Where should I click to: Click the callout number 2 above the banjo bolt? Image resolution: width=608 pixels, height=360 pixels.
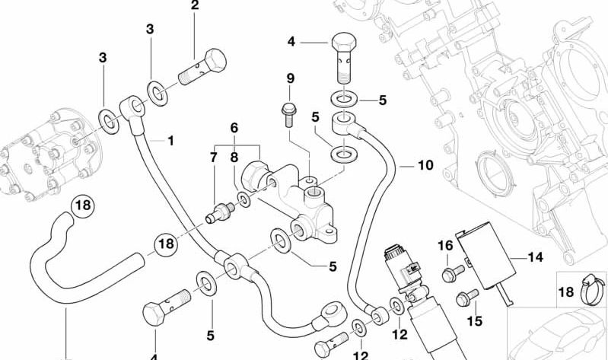pyautogui.click(x=195, y=7)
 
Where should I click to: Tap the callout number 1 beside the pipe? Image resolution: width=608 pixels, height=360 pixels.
pyautogui.click(x=170, y=141)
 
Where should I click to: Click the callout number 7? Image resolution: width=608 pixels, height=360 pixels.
pyautogui.click(x=214, y=158)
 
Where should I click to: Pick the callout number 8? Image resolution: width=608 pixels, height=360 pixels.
pyautogui.click(x=234, y=158)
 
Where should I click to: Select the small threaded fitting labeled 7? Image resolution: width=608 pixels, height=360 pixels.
pyautogui.click(x=220, y=211)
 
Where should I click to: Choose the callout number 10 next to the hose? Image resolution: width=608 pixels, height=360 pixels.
pyautogui.click(x=425, y=165)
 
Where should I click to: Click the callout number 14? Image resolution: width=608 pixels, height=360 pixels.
pyautogui.click(x=536, y=257)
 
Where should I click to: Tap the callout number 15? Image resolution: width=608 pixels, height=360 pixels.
pyautogui.click(x=475, y=321)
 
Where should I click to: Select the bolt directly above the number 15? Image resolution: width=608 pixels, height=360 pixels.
pyautogui.click(x=461, y=298)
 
